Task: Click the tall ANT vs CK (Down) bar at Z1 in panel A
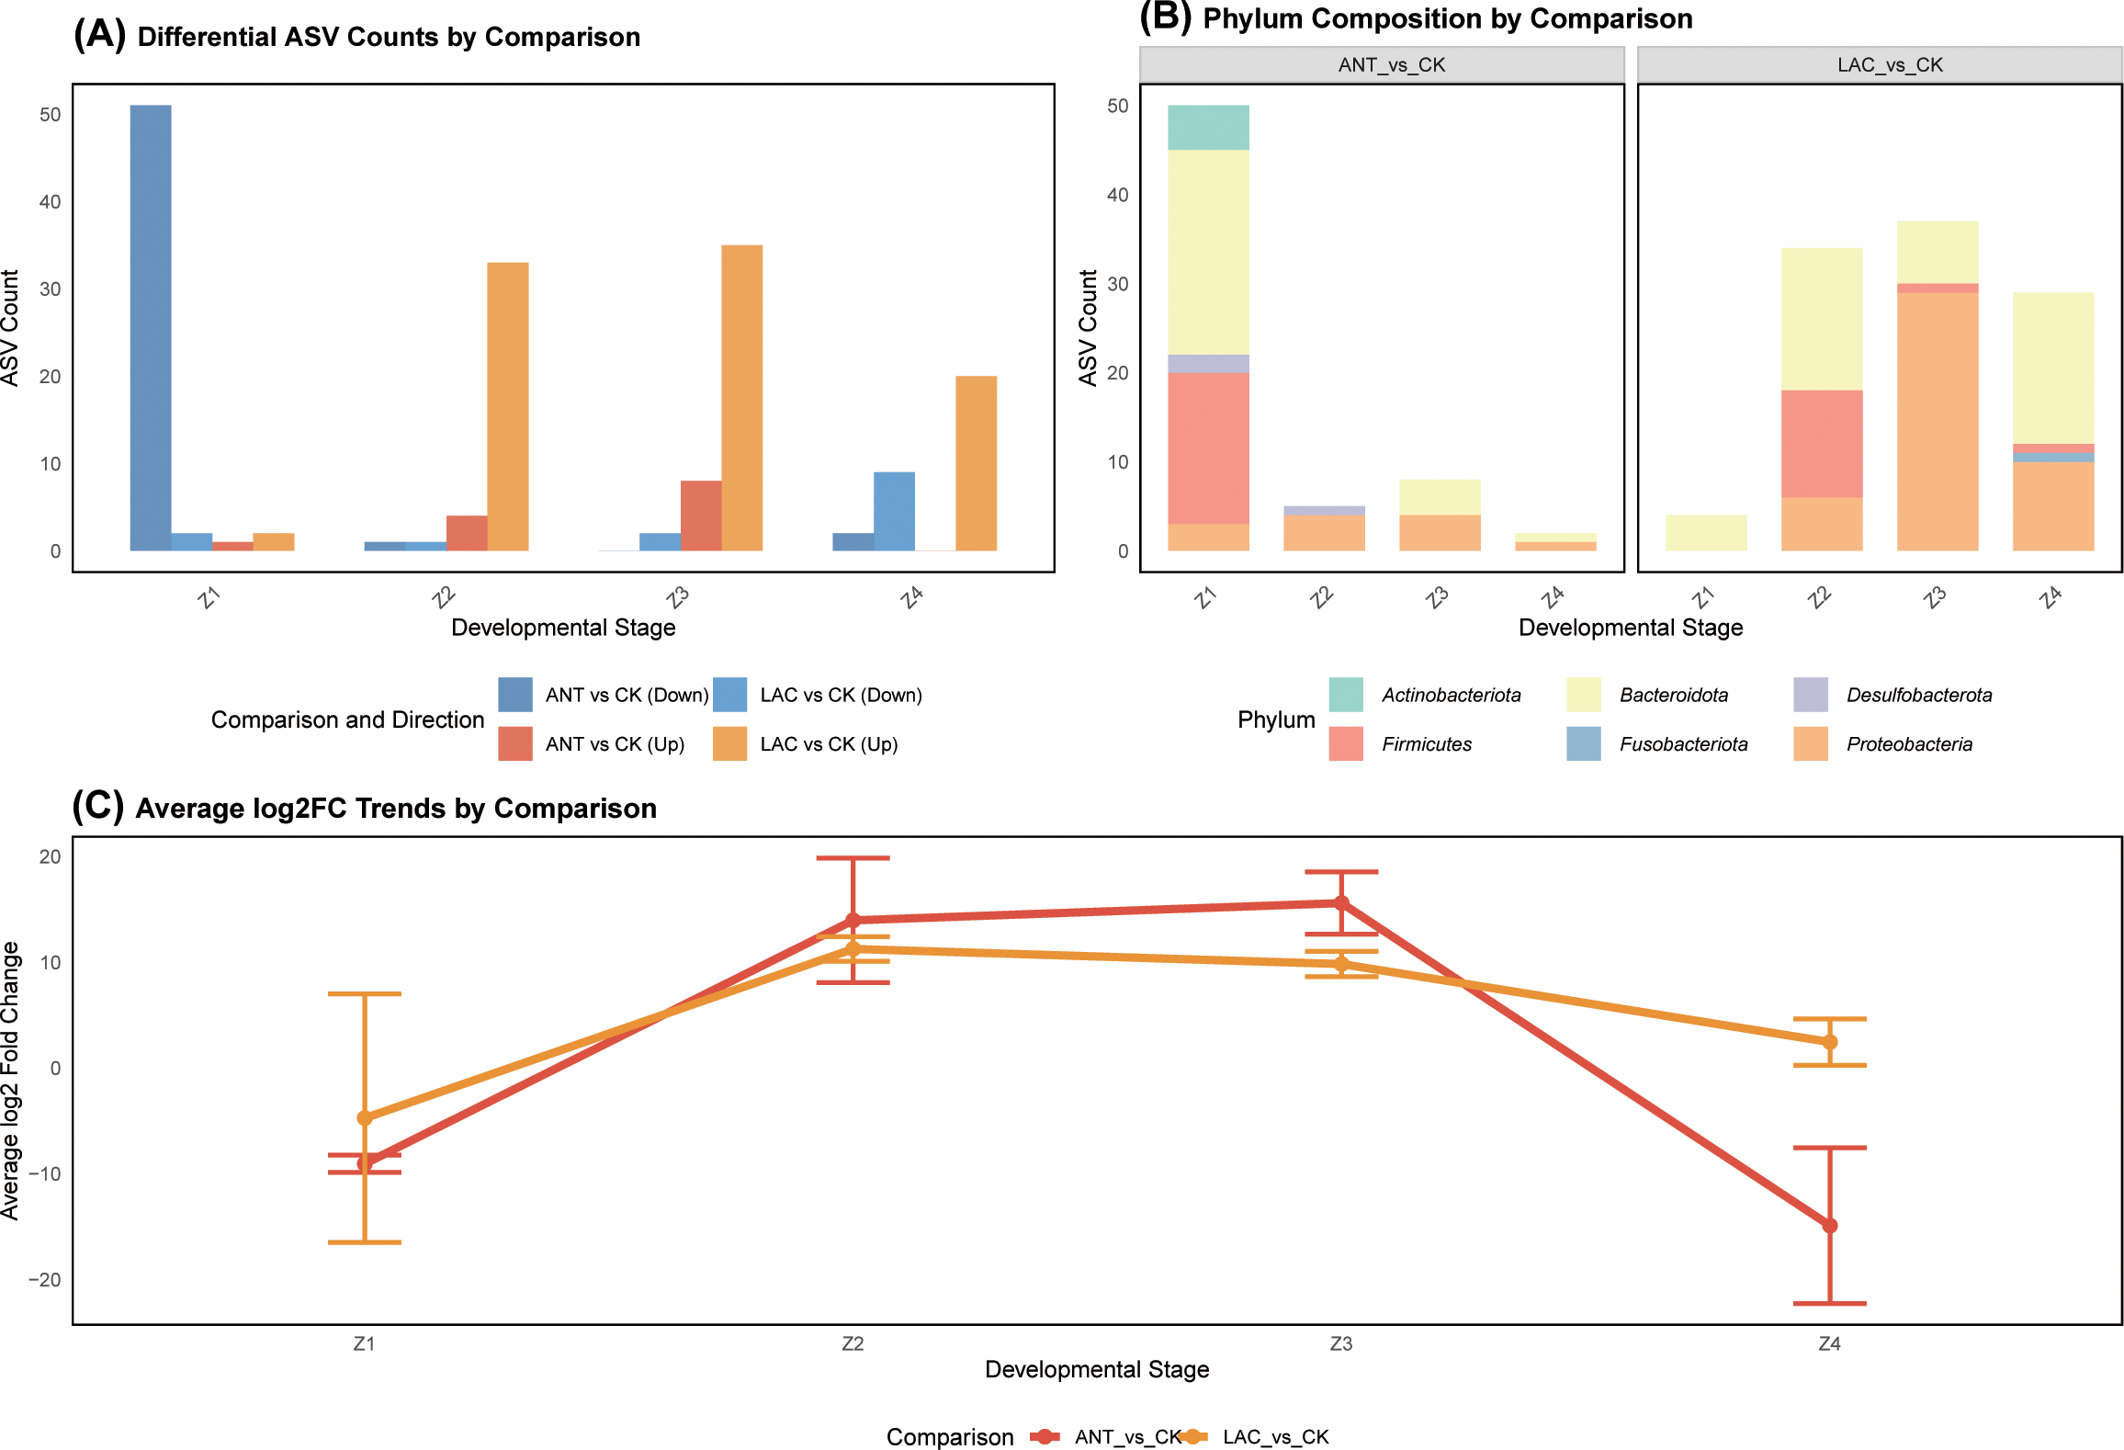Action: click(x=150, y=327)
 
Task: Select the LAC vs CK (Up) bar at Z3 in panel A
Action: click(x=741, y=397)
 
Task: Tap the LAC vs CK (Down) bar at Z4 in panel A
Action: click(x=894, y=511)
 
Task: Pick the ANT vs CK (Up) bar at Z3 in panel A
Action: click(x=700, y=515)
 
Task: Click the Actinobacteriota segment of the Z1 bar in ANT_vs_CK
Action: click(x=1208, y=127)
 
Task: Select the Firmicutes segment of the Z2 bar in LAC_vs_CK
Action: click(x=1822, y=444)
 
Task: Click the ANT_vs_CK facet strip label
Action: click(x=1391, y=65)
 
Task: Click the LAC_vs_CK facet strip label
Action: click(x=1890, y=65)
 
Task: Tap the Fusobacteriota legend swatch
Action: click(x=1583, y=743)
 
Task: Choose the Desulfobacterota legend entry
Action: click(x=1918, y=695)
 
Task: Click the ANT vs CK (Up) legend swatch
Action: click(x=514, y=743)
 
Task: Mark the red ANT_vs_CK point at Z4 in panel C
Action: click(x=1829, y=1225)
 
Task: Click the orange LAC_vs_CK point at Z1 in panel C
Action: click(x=365, y=1117)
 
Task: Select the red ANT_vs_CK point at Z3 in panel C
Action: click(x=1341, y=902)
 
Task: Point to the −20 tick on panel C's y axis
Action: click(x=45, y=1279)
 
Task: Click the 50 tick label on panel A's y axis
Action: click(x=50, y=115)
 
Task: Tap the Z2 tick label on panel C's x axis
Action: click(x=853, y=1343)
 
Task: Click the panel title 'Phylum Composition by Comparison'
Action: click(x=1447, y=18)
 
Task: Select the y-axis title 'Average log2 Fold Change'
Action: click(x=10, y=1080)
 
